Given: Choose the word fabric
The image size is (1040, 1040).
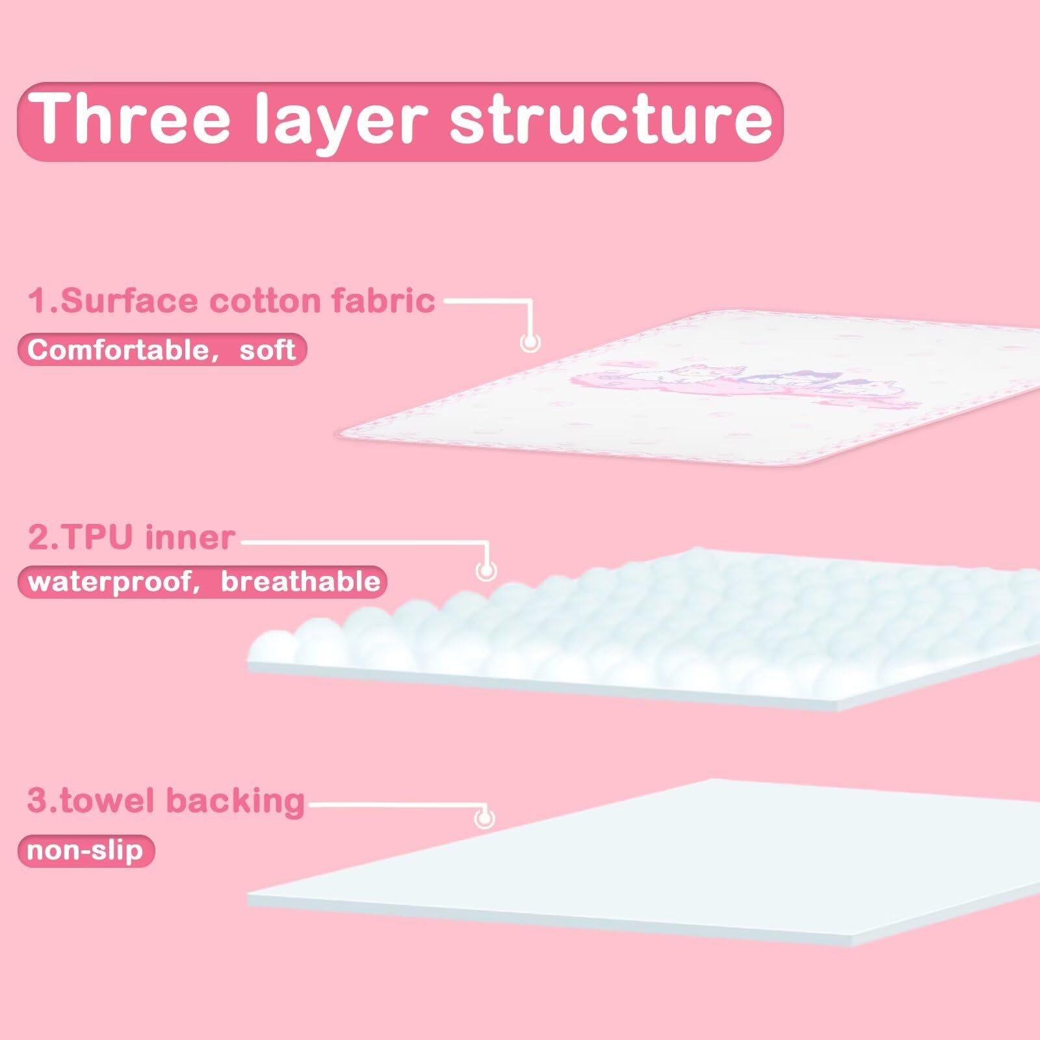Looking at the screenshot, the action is [383, 300].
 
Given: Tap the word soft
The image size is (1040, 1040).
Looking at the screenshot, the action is [268, 350].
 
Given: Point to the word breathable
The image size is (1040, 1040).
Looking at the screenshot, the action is [300, 580].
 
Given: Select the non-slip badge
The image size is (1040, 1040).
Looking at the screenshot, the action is [86, 851].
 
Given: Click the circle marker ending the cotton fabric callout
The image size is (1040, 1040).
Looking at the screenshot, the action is [530, 342].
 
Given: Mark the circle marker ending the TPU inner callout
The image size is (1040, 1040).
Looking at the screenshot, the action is [486, 571].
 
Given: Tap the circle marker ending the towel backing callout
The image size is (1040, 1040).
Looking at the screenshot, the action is [484, 818].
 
